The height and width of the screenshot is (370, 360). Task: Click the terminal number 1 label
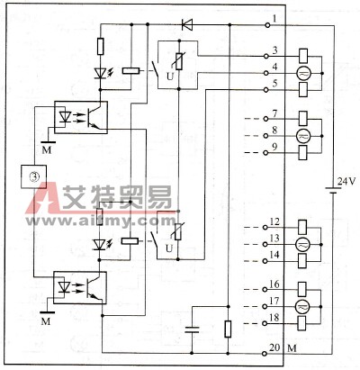point(274,19)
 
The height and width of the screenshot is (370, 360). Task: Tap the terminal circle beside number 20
point(264,354)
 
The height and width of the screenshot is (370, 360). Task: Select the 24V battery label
point(346,182)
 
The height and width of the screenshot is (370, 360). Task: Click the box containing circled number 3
point(33,176)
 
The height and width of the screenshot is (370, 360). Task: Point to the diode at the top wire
point(187,24)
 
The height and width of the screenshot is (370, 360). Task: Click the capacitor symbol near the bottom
point(192,329)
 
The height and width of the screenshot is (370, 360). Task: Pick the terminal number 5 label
point(274,83)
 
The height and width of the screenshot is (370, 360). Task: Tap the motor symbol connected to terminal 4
point(303,73)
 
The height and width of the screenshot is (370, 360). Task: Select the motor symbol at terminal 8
point(302,136)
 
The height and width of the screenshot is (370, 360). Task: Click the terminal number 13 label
point(274,239)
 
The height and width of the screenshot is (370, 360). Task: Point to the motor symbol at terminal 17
point(301,307)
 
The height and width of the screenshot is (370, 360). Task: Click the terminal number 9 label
point(274,147)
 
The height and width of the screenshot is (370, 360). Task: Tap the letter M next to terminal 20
point(292,348)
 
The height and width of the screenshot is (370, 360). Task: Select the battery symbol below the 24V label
point(333,191)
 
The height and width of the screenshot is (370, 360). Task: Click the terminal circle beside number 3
point(265,56)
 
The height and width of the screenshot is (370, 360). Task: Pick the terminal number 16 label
point(274,284)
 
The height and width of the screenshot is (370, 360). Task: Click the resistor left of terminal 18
point(228,329)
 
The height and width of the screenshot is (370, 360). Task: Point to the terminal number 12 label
point(274,222)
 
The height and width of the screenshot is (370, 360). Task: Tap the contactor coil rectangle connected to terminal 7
point(303,119)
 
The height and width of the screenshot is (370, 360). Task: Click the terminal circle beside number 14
point(265,261)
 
